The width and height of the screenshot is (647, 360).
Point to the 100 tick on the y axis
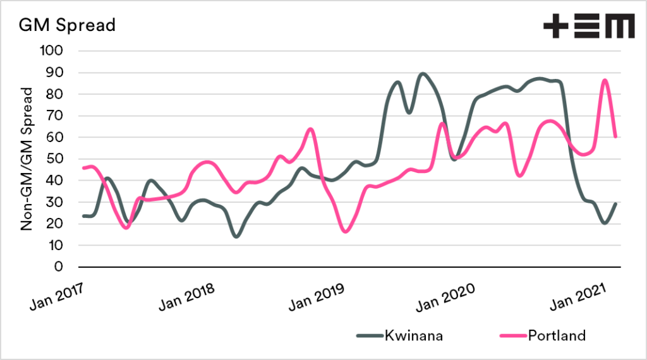(x=52, y=51)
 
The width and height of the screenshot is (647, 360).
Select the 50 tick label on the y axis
(x=56, y=159)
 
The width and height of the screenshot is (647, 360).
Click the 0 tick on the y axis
(x=59, y=267)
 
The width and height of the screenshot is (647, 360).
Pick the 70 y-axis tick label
(x=56, y=116)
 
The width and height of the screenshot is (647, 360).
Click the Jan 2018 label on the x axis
(x=187, y=294)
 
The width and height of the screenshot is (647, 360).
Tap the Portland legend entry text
(x=557, y=335)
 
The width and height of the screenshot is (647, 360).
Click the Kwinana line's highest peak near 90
(x=423, y=73)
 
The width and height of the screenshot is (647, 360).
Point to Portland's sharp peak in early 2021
(x=605, y=80)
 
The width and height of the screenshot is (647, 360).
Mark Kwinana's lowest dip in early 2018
(x=236, y=236)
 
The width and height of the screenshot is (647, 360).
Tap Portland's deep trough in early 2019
(x=345, y=231)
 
